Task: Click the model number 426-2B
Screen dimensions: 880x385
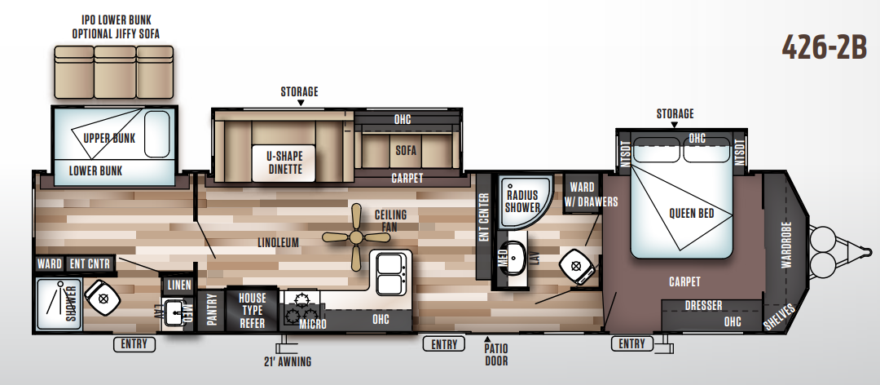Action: [824, 47]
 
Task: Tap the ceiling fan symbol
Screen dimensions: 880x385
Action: [356, 237]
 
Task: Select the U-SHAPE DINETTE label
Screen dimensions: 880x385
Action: [284, 162]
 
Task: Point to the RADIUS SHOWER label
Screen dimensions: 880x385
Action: [522, 201]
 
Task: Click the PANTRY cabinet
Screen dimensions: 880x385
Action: [211, 311]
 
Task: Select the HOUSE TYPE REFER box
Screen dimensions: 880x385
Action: [252, 310]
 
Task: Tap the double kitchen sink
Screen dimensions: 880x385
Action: [390, 273]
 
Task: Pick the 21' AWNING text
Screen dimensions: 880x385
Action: [287, 361]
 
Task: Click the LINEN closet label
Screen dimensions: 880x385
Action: [179, 285]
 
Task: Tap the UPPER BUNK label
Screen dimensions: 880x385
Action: [109, 138]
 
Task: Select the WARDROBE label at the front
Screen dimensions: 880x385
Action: [785, 244]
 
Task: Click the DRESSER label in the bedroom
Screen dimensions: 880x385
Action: [703, 306]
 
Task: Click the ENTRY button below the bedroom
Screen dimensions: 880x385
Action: [632, 343]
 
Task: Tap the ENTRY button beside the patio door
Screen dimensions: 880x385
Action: [444, 343]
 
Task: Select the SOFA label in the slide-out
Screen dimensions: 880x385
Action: [406, 150]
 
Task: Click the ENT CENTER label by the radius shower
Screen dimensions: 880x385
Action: [484, 218]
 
